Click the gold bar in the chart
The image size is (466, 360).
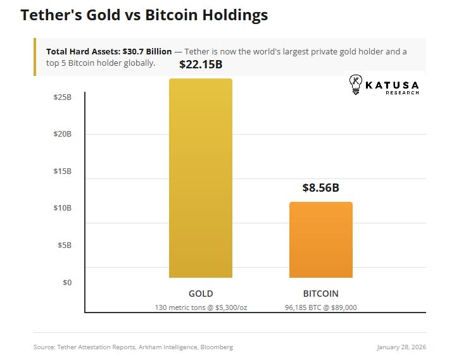click(x=201, y=178)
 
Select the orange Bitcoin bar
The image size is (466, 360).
click(x=320, y=240)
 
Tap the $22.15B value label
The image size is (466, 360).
click(x=201, y=65)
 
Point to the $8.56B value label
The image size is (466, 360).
click(x=320, y=188)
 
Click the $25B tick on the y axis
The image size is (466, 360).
click(x=62, y=97)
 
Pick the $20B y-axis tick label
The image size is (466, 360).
click(x=62, y=134)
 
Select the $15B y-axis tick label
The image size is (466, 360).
click(x=62, y=171)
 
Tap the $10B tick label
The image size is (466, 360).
click(x=62, y=208)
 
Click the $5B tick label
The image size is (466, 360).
click(x=64, y=245)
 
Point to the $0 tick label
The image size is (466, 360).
click(x=66, y=282)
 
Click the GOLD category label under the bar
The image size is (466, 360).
click(x=201, y=294)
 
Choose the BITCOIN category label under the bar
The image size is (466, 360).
click(x=320, y=294)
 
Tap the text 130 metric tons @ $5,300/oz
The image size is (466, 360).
click(x=201, y=307)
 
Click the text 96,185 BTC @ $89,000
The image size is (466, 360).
click(x=320, y=307)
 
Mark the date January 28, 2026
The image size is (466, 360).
click(x=401, y=347)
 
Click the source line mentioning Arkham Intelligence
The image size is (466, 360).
click(x=133, y=347)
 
